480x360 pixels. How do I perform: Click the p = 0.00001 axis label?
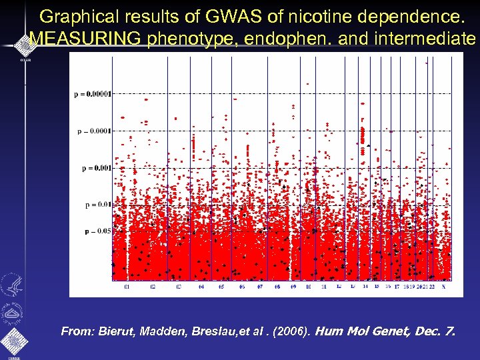(92, 94)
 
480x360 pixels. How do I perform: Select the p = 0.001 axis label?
(96, 168)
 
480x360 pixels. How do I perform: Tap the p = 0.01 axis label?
(97, 205)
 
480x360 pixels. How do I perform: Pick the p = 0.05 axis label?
(97, 231)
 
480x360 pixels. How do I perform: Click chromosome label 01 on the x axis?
(127, 287)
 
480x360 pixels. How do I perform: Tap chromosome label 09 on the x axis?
(293, 287)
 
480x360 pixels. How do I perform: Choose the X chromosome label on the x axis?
(443, 287)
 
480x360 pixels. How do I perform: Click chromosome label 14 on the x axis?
(365, 287)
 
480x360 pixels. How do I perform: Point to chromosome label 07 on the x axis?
(259, 287)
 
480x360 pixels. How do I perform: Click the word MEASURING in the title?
(85, 39)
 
